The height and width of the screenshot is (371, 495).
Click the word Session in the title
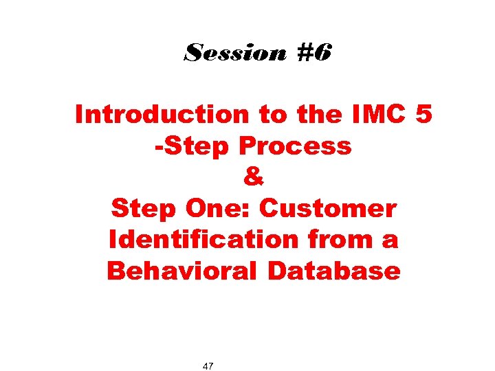point(234,53)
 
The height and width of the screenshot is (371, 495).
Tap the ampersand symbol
point(253,177)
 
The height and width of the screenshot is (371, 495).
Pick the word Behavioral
point(184,271)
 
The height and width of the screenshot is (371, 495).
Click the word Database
point(334,271)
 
